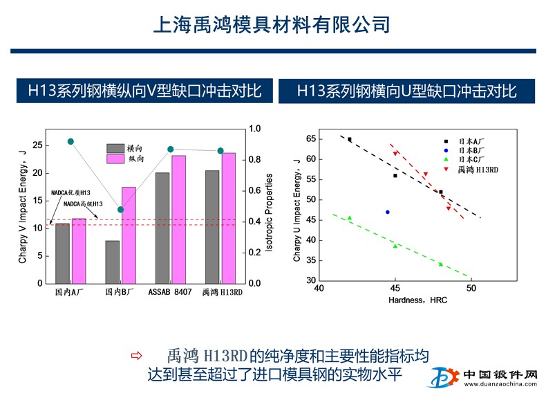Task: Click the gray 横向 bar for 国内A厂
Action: (x=62, y=253)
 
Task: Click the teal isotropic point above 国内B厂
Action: (x=120, y=210)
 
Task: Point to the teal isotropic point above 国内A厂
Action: (x=70, y=141)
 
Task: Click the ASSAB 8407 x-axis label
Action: (x=170, y=292)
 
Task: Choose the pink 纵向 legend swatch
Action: (x=115, y=159)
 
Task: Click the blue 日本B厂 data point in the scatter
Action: (x=388, y=212)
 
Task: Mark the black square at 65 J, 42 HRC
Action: (x=350, y=139)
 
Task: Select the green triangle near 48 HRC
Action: (x=440, y=264)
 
